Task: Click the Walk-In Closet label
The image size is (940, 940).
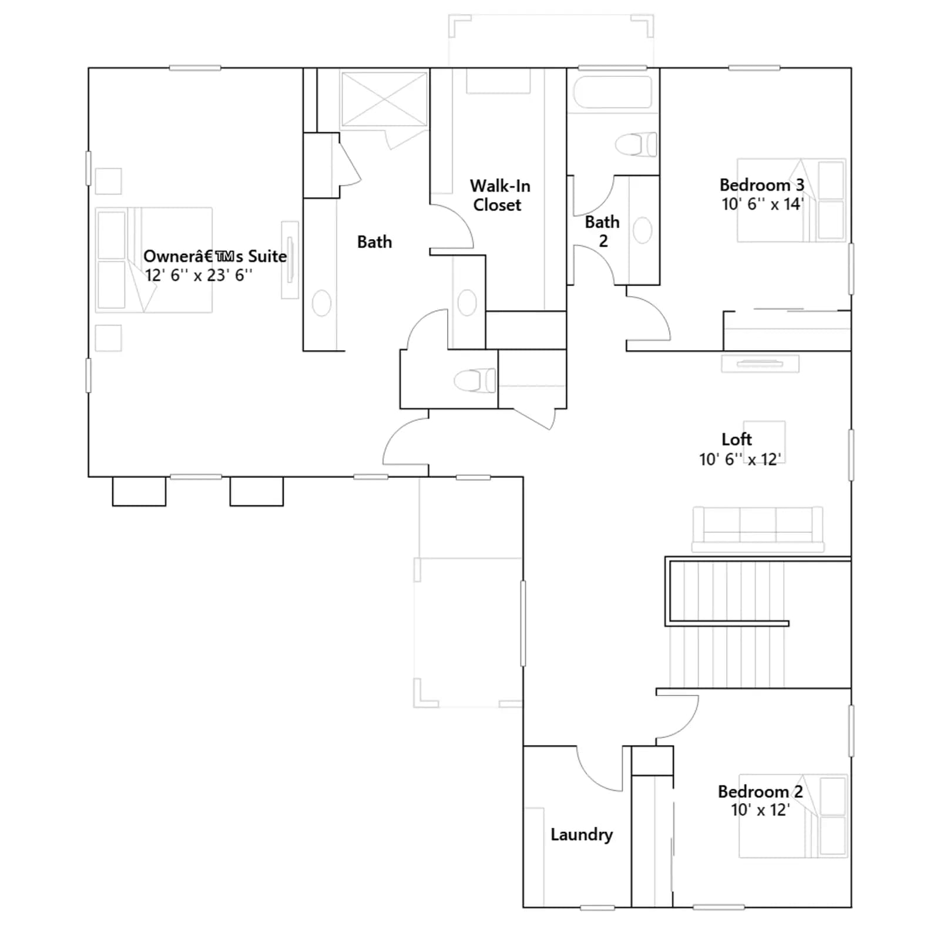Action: click(500, 195)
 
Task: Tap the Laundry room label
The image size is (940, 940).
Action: click(582, 834)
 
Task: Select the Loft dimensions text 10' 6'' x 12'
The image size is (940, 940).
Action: click(740, 459)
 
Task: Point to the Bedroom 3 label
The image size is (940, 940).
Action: click(762, 184)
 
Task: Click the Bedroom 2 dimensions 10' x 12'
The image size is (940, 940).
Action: click(760, 810)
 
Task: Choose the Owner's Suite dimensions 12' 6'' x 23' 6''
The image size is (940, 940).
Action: click(199, 275)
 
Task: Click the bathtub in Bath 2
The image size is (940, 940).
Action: click(613, 92)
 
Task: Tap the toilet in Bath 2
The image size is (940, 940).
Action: click(636, 144)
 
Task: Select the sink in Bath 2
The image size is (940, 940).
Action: click(643, 230)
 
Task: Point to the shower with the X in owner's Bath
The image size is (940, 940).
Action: click(384, 99)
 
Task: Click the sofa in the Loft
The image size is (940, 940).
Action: click(758, 529)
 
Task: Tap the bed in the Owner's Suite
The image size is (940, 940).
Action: click(154, 260)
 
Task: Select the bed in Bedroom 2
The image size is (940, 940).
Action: click(793, 816)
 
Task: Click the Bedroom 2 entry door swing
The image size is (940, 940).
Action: click(677, 717)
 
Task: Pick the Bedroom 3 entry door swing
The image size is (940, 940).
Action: click(649, 318)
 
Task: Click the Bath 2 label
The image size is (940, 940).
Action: click(602, 231)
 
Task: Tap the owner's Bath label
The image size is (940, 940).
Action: click(374, 241)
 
